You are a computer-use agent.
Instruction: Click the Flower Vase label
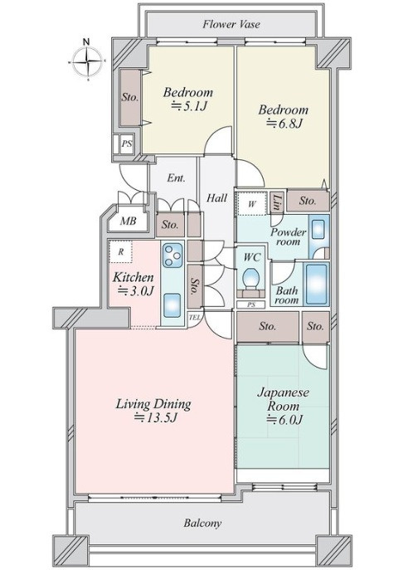click(x=231, y=24)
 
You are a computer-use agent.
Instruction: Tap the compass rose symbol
click(x=87, y=61)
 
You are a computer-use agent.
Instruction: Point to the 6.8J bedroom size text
click(x=284, y=124)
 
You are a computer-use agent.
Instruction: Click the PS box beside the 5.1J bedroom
click(x=126, y=144)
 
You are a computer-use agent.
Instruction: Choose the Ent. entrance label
click(x=176, y=178)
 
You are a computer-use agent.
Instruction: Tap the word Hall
click(x=216, y=198)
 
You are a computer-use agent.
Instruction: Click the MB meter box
click(x=129, y=221)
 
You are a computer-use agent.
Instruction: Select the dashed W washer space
click(x=252, y=203)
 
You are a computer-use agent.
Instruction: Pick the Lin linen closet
click(x=277, y=203)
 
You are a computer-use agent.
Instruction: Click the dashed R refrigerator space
click(x=120, y=251)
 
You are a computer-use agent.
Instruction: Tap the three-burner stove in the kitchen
click(x=172, y=256)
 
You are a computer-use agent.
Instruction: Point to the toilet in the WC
click(x=250, y=279)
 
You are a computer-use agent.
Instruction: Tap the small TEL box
click(x=195, y=317)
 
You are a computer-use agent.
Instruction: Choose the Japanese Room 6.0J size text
click(x=284, y=420)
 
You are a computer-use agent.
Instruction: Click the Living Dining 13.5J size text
click(x=155, y=417)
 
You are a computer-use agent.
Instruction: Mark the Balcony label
click(x=202, y=524)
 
